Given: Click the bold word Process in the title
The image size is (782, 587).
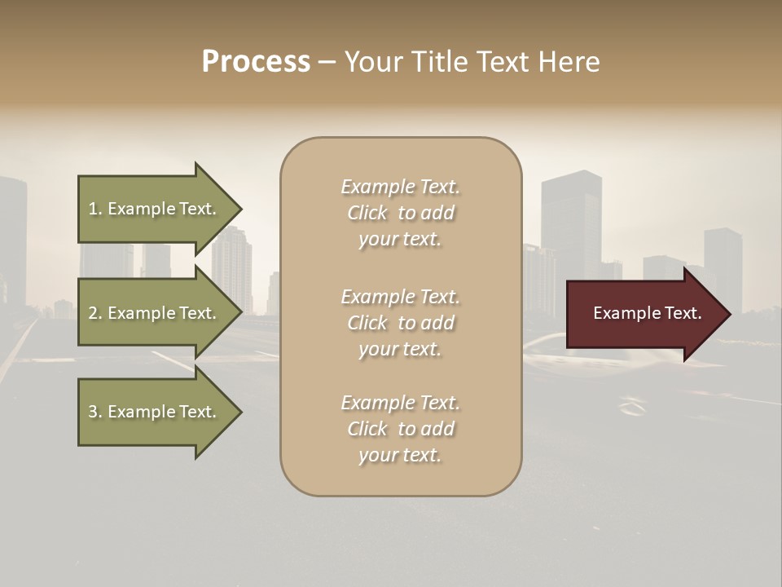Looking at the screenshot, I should [x=256, y=62].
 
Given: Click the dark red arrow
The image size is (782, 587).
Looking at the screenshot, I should [x=644, y=314].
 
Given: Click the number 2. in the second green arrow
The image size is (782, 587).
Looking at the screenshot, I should [x=95, y=313].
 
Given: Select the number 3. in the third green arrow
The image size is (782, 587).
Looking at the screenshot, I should [x=95, y=412].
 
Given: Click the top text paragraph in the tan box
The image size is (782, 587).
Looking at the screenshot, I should [x=400, y=213].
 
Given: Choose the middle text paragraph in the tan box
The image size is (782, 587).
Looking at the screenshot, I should [x=400, y=323].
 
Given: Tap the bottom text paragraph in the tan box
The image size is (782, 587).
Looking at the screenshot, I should [x=400, y=429].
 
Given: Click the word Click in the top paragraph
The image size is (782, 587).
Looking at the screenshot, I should [x=367, y=213].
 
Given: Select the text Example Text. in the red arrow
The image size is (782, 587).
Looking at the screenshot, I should [x=647, y=313].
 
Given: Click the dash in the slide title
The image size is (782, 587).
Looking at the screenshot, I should [x=327, y=63].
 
